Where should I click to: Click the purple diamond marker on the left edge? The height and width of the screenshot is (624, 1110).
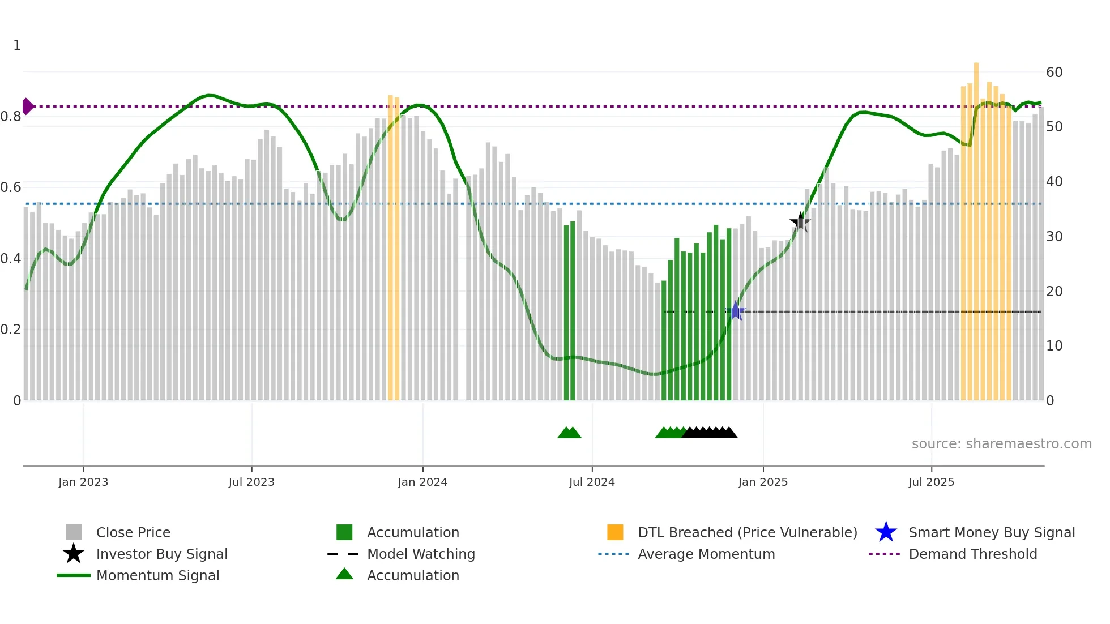pos(27,106)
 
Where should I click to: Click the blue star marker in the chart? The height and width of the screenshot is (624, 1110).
pos(735,311)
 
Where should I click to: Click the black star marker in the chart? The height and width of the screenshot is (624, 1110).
pos(800,222)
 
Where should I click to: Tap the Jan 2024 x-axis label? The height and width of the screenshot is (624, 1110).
pos(422,482)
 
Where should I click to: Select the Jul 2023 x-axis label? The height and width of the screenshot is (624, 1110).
pos(251,482)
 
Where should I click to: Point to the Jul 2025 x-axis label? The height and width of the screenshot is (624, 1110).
pos(931,482)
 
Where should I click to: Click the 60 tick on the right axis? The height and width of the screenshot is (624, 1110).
pos(1054,72)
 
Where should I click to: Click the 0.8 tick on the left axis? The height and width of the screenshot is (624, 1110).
pos(11,117)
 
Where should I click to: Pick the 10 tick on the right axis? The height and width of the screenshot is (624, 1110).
pos(1054,345)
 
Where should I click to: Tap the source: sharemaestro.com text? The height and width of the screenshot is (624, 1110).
pos(1001,443)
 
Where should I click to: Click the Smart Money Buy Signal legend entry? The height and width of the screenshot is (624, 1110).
pos(991,532)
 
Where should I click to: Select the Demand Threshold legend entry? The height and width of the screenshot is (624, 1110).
pos(972,554)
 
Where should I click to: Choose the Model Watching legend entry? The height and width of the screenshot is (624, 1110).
pos(420,554)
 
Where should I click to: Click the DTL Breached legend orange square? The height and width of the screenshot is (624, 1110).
pos(615,532)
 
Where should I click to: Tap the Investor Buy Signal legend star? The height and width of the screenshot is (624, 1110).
pos(74,554)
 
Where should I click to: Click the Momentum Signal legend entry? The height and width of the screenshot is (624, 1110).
pos(157,575)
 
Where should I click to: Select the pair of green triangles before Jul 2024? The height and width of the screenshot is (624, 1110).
pos(569,433)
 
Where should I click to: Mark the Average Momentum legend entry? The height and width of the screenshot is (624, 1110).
pos(706,554)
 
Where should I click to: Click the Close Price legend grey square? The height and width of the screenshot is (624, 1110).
pos(74,532)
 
